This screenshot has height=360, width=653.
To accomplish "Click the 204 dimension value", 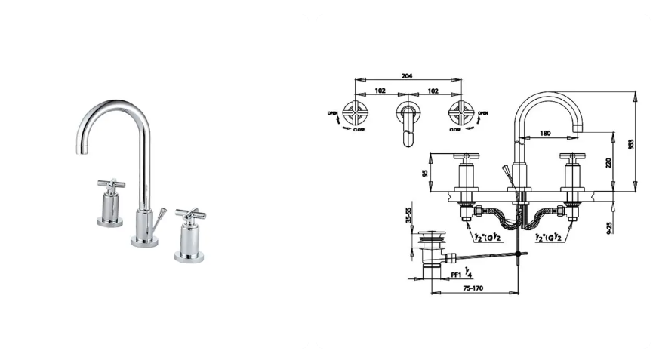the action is coord(407,76).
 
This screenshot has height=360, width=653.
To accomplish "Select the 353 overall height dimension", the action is coord(631,144).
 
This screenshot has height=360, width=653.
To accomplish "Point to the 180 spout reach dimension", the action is coord(545,133).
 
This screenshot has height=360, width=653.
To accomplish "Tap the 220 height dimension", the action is coord(608,163).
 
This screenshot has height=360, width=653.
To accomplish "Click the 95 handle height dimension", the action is coord(425,172).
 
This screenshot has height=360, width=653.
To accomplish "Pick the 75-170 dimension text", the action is coord(473,288).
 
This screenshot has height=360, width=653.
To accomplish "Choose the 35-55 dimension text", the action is coord(408,216).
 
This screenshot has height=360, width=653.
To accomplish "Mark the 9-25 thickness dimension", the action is coord(609,227).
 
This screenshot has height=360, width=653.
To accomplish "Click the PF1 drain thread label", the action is coord(456,275).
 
